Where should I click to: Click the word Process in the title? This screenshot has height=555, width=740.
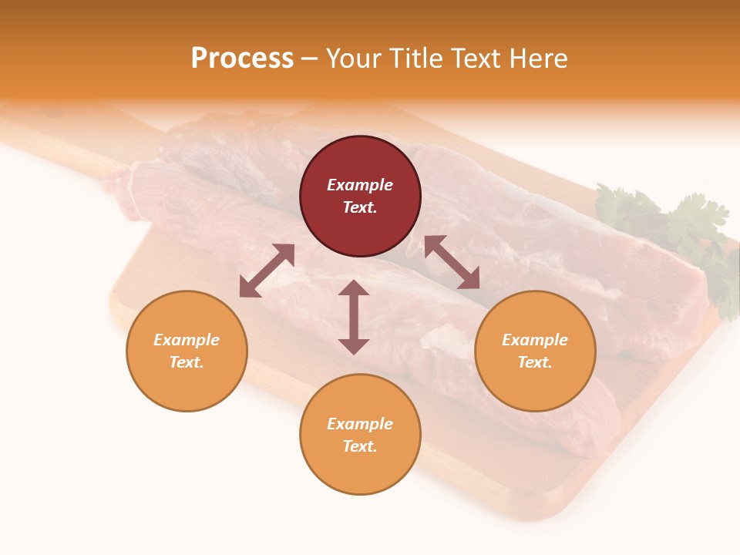(242, 59)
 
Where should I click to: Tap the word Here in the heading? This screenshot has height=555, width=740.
(539, 59)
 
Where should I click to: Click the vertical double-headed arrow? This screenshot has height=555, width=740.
(354, 317)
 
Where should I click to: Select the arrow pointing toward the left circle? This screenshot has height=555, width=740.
(267, 271)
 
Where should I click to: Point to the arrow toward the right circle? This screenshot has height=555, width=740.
(452, 263)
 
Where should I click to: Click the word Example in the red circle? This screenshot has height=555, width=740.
(360, 185)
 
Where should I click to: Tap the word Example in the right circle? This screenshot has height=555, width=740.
(535, 340)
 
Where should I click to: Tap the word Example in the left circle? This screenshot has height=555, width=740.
(187, 340)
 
